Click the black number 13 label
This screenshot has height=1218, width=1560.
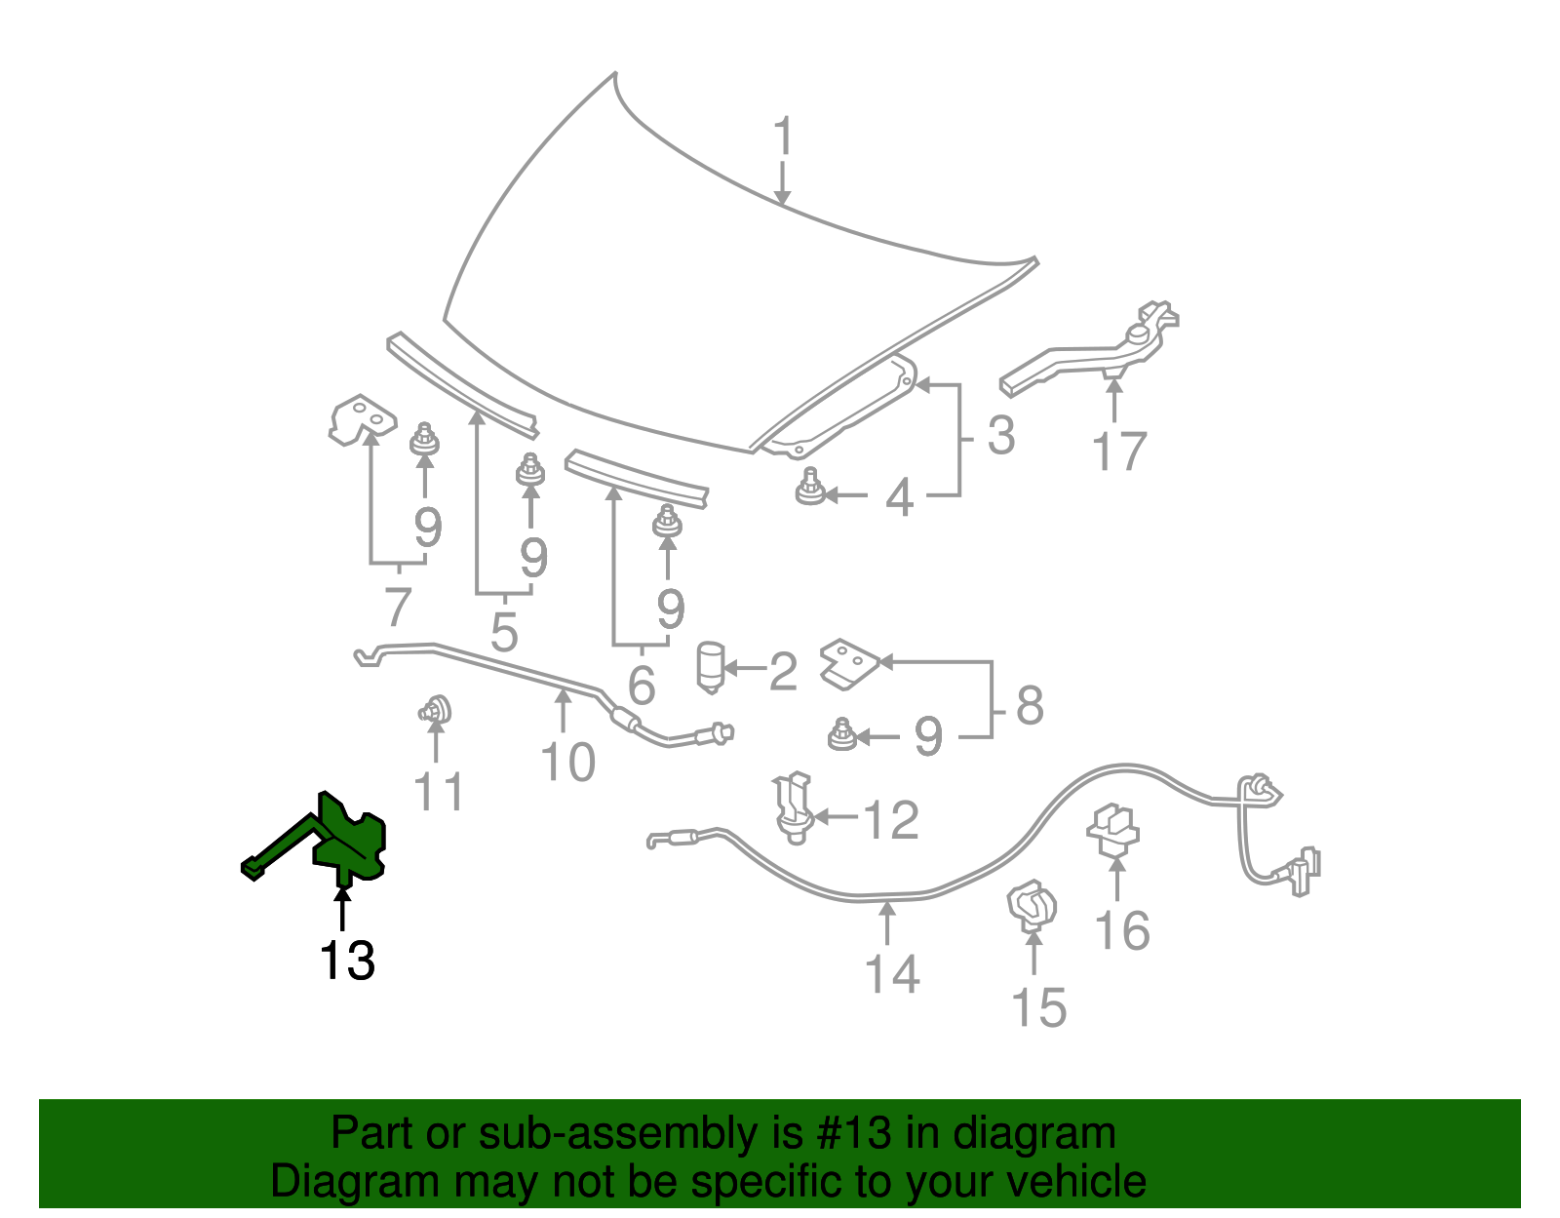tap(347, 962)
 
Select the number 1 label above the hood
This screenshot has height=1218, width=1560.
tap(783, 138)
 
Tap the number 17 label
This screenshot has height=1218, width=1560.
tap(1119, 452)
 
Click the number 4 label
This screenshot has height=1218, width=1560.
tap(899, 498)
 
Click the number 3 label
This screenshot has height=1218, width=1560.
tap(1001, 436)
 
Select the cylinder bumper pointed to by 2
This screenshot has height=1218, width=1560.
tap(711, 667)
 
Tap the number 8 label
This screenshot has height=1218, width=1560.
tap(1030, 705)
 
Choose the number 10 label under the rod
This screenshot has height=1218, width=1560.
tap(568, 763)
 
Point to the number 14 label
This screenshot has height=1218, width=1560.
tap(892, 974)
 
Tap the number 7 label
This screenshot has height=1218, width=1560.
tap(397, 608)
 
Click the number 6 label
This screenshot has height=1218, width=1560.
tap(641, 686)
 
